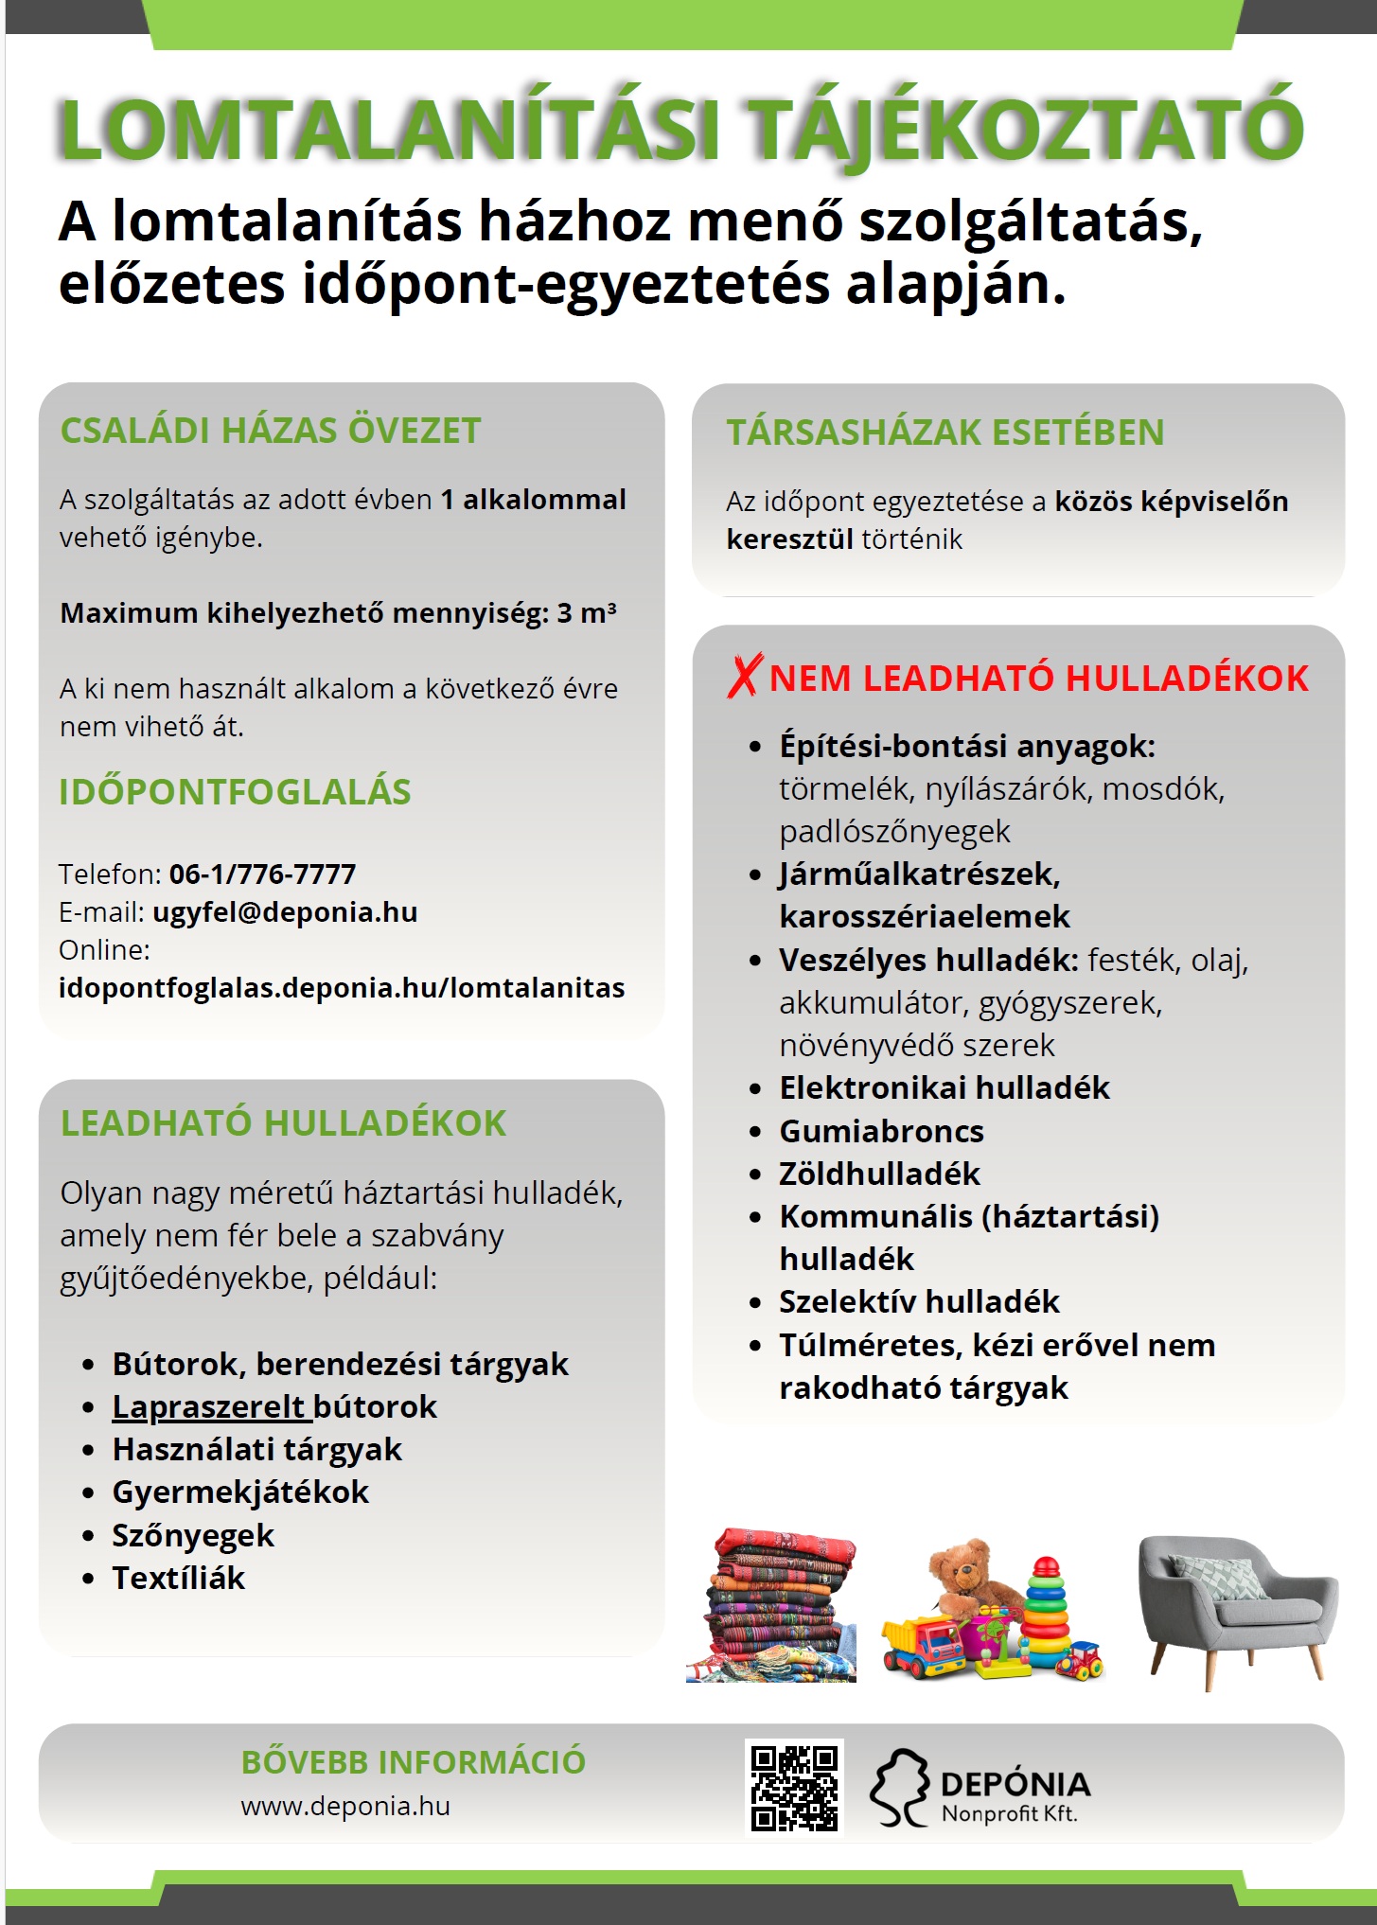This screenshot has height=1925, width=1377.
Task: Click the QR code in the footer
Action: pos(794,1787)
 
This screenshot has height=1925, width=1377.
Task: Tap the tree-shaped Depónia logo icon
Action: pos(899,1787)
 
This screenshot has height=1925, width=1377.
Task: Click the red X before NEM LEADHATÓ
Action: pos(744,677)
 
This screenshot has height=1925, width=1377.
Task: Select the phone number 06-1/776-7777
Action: pos(262,874)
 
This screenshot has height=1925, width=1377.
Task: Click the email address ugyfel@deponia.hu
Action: pos(285,912)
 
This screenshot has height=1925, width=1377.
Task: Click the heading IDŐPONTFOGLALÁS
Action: pos(235,792)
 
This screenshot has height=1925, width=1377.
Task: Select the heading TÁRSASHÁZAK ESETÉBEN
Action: pos(944,433)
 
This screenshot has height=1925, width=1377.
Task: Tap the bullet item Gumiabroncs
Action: pos(881,1131)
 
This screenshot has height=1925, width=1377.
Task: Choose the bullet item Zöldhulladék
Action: pos(879,1174)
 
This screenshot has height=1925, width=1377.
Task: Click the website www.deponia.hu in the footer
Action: pos(345,1806)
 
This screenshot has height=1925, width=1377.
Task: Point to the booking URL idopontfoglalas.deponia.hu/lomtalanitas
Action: pos(342,988)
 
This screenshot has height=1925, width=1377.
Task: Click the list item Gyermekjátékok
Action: pos(240,1492)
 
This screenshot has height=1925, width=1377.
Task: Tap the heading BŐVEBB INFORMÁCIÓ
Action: pos(414,1762)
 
